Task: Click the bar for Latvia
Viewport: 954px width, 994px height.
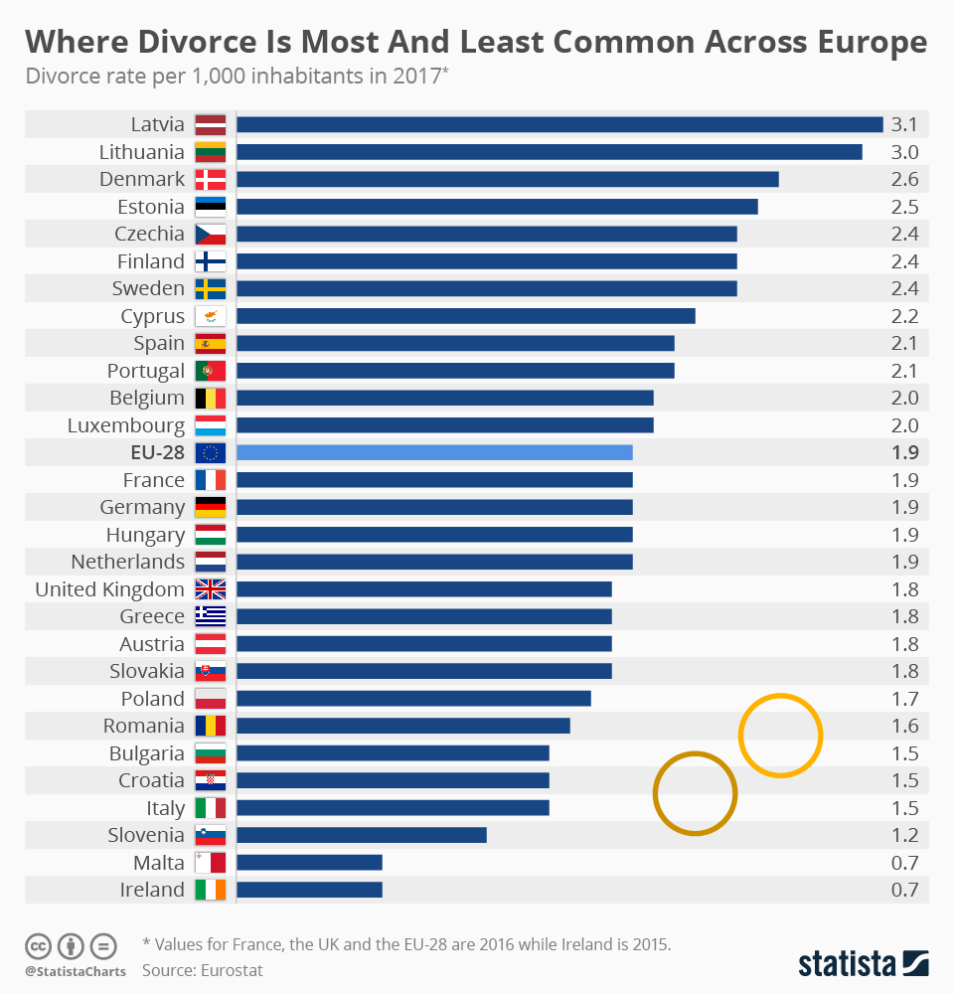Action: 559,124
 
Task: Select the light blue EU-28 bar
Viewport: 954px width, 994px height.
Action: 434,452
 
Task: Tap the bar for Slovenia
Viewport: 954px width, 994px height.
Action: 361,835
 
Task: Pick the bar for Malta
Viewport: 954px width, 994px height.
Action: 309,862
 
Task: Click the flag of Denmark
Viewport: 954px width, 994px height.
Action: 211,180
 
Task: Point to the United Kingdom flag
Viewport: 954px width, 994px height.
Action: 211,589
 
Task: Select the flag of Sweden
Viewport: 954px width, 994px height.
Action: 211,289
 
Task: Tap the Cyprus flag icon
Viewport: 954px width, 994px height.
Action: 211,316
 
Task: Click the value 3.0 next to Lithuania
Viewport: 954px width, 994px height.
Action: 904,152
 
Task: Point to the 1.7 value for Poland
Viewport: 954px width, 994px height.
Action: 904,699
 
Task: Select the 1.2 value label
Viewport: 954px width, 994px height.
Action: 904,835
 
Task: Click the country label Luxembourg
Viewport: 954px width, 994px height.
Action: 126,425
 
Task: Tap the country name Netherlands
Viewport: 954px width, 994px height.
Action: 128,562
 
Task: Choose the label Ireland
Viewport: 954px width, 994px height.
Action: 152,890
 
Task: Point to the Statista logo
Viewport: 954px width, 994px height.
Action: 864,963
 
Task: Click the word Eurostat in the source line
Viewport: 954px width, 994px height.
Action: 231,969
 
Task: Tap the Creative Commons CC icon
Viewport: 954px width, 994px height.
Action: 39,945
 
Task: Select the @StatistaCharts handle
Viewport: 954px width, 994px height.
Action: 76,971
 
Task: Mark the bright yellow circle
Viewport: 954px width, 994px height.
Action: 780,736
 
